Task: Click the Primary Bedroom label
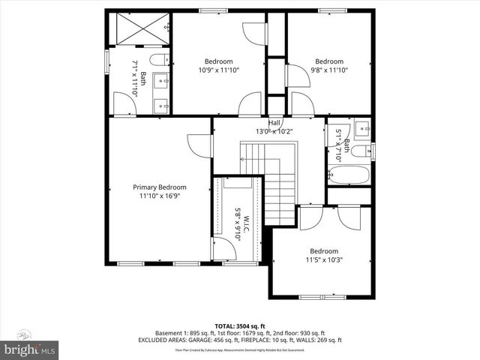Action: (x=160, y=187)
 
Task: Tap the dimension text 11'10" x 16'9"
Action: (x=160, y=196)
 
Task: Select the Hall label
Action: (x=274, y=123)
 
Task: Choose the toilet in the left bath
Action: (x=157, y=59)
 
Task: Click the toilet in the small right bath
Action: (x=359, y=153)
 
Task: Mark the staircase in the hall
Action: (x=274, y=184)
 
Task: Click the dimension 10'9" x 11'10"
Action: (x=218, y=70)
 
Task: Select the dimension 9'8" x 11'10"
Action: (x=329, y=70)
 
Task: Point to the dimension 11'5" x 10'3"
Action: (x=323, y=260)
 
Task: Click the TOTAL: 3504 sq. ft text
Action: (x=240, y=326)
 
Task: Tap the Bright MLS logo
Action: (x=30, y=349)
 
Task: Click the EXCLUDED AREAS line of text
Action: (x=240, y=340)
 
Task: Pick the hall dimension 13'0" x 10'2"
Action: (x=274, y=131)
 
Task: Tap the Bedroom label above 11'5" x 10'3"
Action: (x=323, y=251)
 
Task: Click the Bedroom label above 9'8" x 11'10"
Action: (x=329, y=61)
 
